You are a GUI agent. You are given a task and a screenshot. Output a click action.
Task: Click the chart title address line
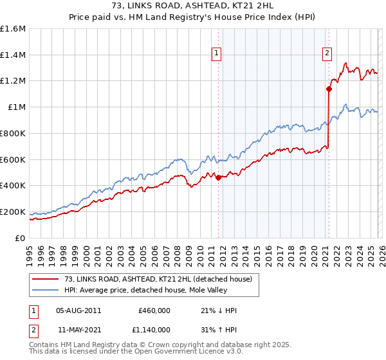pos(192,6)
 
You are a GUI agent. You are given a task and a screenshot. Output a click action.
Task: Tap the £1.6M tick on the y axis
pos(13,29)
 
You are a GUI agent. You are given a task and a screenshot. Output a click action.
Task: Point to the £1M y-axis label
pos(16,107)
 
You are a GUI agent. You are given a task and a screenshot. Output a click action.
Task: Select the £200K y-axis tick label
pos(13,212)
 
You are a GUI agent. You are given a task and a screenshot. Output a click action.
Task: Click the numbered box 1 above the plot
pos(217,53)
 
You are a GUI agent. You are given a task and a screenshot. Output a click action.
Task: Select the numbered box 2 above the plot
pos(327,53)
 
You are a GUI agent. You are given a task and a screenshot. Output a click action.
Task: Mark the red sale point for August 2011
pos(218,177)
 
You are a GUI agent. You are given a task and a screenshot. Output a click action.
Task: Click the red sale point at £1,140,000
pos(329,89)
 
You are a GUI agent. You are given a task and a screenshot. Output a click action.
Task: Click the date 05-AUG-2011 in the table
pos(78,310)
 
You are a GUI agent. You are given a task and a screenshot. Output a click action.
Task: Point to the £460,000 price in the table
pos(154,310)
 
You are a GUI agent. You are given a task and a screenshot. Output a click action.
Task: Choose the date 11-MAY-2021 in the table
pos(78,329)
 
